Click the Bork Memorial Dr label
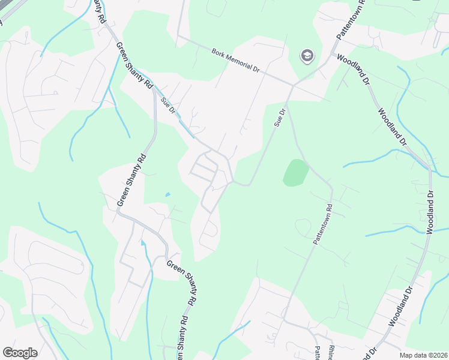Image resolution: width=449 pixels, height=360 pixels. pos(235,61)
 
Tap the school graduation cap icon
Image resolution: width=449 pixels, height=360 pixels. pos(307,56)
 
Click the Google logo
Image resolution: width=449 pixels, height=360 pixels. pos(20,353)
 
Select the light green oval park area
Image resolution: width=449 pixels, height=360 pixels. pos(295,173)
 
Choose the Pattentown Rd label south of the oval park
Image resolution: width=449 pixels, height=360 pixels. pos(322,222)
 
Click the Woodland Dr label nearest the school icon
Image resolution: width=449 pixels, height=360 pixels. pos(354,69)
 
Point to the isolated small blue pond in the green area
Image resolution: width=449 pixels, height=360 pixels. pos(167,194)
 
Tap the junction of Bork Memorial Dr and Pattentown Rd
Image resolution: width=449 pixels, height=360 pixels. pos(292,85)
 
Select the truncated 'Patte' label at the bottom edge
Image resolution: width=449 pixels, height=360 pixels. pos(316,353)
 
